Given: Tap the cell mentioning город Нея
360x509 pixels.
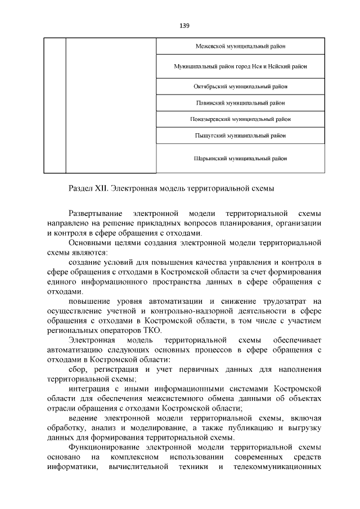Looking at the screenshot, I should coord(240,66).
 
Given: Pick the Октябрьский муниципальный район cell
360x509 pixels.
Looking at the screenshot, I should coord(240,87).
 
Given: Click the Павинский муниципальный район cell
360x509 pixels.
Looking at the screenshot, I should coord(240,103).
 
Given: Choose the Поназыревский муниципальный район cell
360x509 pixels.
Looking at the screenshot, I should coord(240,119).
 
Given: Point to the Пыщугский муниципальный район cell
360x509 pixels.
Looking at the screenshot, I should coord(240,136).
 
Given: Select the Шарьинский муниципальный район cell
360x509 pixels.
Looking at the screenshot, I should coord(240,159).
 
